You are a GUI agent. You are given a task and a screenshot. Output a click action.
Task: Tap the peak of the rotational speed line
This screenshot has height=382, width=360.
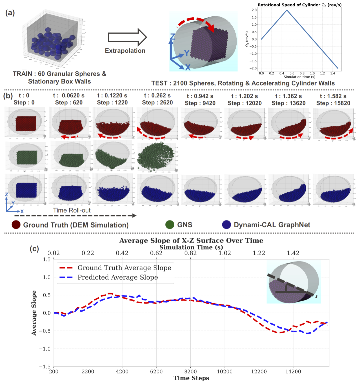[x=287, y=10]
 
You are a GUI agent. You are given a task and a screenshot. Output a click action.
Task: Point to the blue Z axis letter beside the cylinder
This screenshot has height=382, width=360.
[x=172, y=37]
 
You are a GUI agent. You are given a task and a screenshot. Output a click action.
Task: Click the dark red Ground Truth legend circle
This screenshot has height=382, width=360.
[x=16, y=225]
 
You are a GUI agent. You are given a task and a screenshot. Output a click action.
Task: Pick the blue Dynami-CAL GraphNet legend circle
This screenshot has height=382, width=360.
[x=226, y=225]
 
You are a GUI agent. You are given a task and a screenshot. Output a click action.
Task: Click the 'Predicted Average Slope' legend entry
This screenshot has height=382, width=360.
[x=118, y=277]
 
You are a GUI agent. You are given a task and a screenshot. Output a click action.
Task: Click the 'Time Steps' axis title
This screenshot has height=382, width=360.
[x=191, y=378]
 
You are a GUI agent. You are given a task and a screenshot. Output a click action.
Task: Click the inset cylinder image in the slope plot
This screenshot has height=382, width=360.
[x=293, y=282]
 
